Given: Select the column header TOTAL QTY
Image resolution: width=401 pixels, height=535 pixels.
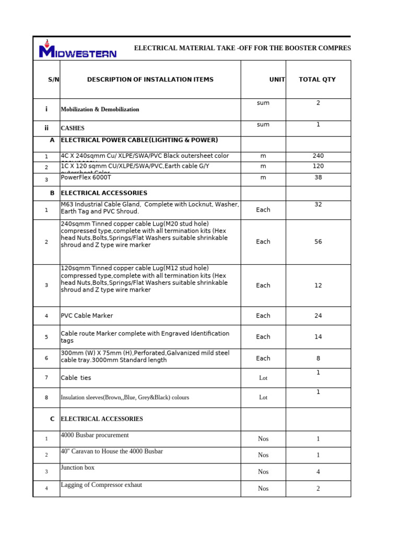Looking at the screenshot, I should pos(317,79).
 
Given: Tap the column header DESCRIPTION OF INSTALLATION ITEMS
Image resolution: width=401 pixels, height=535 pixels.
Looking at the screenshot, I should pos(150,79).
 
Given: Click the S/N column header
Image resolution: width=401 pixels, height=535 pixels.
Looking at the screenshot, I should pos(54,79).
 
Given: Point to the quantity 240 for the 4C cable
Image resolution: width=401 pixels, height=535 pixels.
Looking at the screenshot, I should pos(318,156).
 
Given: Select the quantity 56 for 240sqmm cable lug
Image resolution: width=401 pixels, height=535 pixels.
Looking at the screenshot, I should pos(318,242).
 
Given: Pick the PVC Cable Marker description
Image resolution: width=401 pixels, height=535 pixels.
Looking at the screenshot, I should pos(87,316).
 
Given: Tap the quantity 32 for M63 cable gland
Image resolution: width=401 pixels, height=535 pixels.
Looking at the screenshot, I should pos(318,205).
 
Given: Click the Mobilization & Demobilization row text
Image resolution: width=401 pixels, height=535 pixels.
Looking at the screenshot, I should pos(100,109).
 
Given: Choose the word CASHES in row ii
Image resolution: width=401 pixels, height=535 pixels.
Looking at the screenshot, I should pos(73,128).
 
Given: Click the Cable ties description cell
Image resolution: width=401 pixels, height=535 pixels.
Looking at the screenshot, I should pos(76,378).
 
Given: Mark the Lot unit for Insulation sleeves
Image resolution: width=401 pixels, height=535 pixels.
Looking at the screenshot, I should pos(263,398).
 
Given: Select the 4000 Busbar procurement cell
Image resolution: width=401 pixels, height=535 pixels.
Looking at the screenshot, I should pos(95,435).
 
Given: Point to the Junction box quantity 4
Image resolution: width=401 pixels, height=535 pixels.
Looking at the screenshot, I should pos(318,472).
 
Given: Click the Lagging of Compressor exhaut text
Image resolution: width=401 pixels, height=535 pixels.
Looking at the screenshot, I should pos(101,485).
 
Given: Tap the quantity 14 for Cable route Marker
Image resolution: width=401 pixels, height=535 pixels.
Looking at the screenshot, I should pos(318,337).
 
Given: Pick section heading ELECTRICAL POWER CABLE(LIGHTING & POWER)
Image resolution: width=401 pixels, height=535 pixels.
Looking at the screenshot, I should pos(139,140).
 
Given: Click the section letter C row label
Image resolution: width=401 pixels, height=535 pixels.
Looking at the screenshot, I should pos(52,419).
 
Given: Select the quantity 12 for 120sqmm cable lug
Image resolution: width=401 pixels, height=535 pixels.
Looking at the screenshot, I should pos(318,286).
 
